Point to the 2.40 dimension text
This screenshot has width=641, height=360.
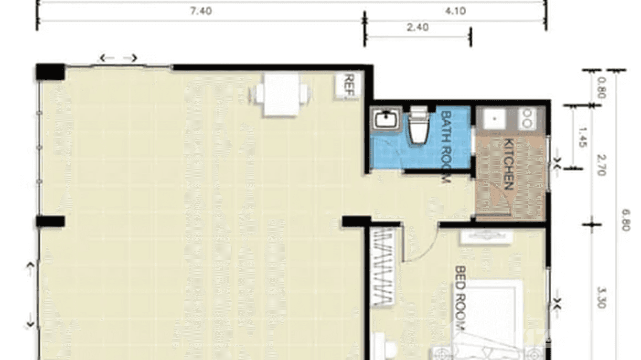click(x=417, y=27)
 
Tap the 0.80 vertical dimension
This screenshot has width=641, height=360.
click(x=601, y=88)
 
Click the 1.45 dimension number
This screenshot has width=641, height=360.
click(x=582, y=137)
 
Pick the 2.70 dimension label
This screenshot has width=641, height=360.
click(x=601, y=165)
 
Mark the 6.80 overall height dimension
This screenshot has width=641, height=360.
click(x=626, y=220)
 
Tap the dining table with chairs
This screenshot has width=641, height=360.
click(x=281, y=94)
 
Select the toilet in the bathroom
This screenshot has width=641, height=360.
click(x=418, y=126)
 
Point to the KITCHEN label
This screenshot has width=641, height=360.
click(x=509, y=164)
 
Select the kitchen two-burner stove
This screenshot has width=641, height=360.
click(x=528, y=118)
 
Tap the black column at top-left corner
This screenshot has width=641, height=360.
click(x=50, y=72)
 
